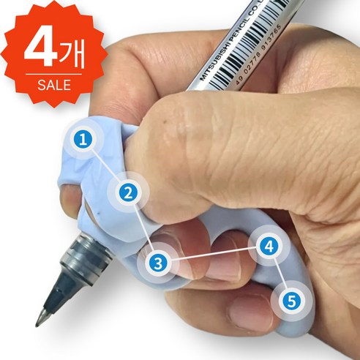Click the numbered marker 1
[x=85, y=137]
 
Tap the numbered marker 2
[x=128, y=193]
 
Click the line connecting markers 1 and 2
[x=106, y=165]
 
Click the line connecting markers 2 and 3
[x=143, y=228]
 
